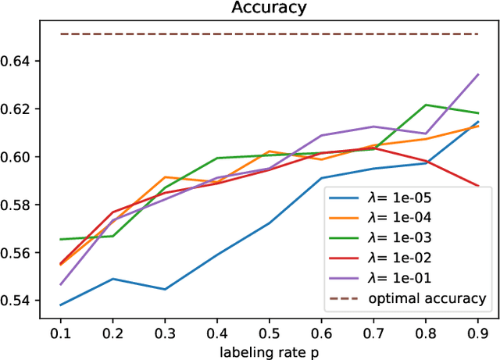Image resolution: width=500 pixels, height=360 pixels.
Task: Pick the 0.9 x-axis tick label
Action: (x=478, y=332)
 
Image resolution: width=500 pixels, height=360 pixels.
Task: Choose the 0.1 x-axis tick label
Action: (x=61, y=332)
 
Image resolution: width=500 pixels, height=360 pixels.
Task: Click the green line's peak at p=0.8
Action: (x=426, y=105)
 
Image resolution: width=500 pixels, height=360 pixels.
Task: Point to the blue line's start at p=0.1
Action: (x=61, y=305)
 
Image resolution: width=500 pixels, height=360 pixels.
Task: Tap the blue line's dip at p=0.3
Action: (x=165, y=289)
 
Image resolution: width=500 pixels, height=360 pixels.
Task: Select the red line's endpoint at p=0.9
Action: (x=478, y=186)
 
